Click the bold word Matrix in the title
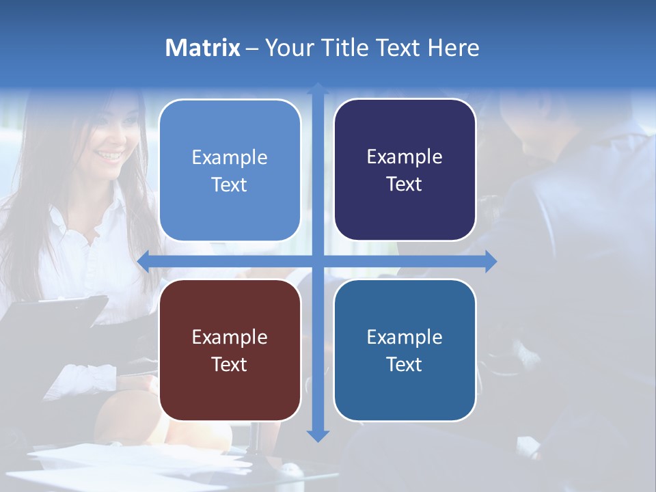point(202,48)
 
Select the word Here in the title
point(453,48)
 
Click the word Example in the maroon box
point(230,337)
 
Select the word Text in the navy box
point(405,184)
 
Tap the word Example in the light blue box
point(230,157)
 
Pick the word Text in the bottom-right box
point(405,364)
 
